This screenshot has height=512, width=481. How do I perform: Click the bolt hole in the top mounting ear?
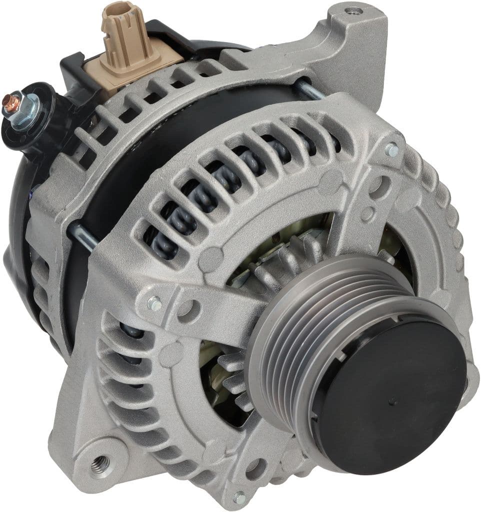pyautogui.click(x=354, y=10)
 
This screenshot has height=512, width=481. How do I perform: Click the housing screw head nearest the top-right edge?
pyautogui.click(x=391, y=149)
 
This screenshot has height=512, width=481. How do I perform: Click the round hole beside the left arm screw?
pyautogui.click(x=185, y=310)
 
